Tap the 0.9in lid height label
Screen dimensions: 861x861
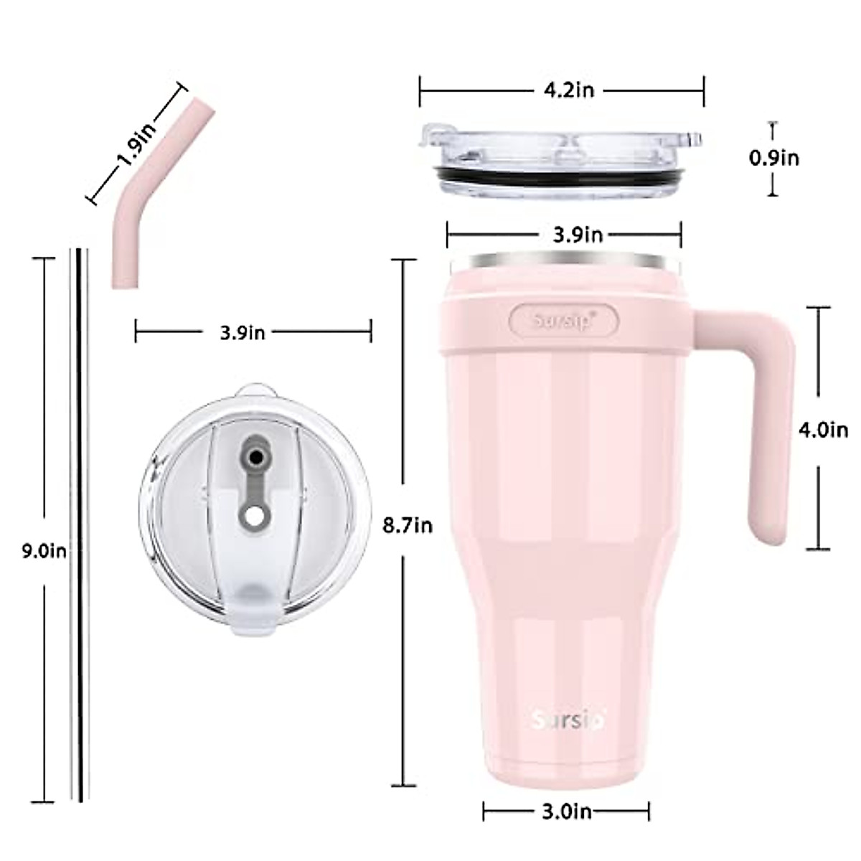(x=774, y=157)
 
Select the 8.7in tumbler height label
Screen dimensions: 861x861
(x=408, y=526)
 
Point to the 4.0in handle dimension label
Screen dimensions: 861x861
(x=823, y=430)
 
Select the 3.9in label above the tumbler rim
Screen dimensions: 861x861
(x=578, y=235)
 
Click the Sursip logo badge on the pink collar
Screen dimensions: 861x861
(x=563, y=319)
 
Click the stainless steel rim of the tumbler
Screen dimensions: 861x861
(x=563, y=261)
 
